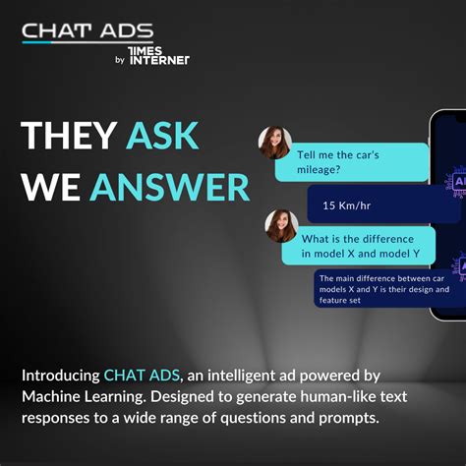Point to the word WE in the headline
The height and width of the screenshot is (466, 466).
(51, 186)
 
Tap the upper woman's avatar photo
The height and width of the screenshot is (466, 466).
(274, 142)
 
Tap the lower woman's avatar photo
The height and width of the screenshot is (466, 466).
(281, 226)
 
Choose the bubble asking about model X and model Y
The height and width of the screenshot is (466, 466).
(358, 246)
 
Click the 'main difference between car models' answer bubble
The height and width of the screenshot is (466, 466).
(385, 289)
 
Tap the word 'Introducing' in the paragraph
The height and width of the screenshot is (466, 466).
(60, 376)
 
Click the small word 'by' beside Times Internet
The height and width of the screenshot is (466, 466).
(119, 60)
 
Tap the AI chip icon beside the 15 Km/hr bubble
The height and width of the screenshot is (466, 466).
(457, 183)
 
